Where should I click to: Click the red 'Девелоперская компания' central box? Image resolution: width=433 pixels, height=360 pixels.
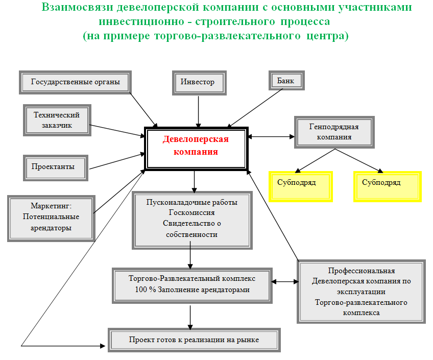click(x=197, y=149)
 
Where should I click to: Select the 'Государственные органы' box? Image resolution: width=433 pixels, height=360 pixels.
click(x=75, y=82)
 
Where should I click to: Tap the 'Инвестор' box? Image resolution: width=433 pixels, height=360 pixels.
click(x=199, y=83)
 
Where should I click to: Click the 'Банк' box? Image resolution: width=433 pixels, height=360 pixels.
click(x=286, y=80)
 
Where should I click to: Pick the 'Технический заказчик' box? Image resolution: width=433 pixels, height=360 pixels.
click(x=57, y=120)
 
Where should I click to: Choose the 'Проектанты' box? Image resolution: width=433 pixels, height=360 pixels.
click(x=56, y=168)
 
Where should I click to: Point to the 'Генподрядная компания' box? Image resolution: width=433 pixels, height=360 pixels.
click(x=334, y=132)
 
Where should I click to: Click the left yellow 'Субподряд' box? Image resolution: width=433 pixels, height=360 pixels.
click(x=300, y=186)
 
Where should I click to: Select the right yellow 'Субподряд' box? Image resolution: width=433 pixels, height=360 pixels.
click(x=388, y=186)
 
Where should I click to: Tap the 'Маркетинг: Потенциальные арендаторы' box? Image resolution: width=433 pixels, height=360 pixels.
click(x=52, y=219)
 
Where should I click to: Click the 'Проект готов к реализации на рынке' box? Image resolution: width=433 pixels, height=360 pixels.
click(x=194, y=340)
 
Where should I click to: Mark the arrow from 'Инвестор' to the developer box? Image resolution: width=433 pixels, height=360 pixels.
click(x=198, y=111)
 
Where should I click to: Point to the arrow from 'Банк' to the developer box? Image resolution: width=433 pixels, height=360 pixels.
click(x=255, y=108)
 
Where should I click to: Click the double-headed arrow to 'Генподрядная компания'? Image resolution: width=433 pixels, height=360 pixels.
click(x=271, y=136)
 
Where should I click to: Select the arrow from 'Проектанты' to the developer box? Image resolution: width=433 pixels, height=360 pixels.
click(x=117, y=161)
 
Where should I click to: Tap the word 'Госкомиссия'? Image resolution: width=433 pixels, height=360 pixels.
click(x=191, y=212)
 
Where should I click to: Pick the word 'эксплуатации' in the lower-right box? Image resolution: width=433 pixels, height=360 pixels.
click(x=361, y=292)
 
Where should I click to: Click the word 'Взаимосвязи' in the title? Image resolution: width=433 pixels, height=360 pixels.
click(x=77, y=7)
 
